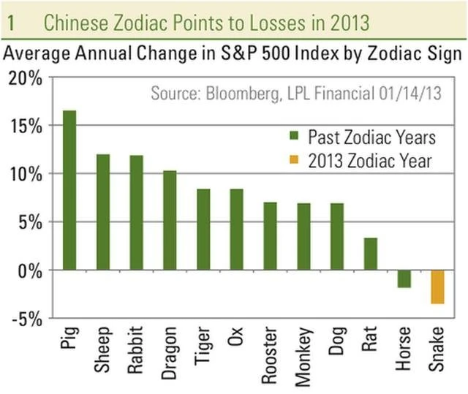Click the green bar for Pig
69,190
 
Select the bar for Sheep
103,212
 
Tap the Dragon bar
170,220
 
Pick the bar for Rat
371,254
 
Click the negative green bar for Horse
404,279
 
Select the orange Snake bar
438,287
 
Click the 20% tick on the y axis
26,78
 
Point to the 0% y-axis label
30,270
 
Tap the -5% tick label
28,319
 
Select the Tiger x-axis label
204,350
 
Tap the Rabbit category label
137,355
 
